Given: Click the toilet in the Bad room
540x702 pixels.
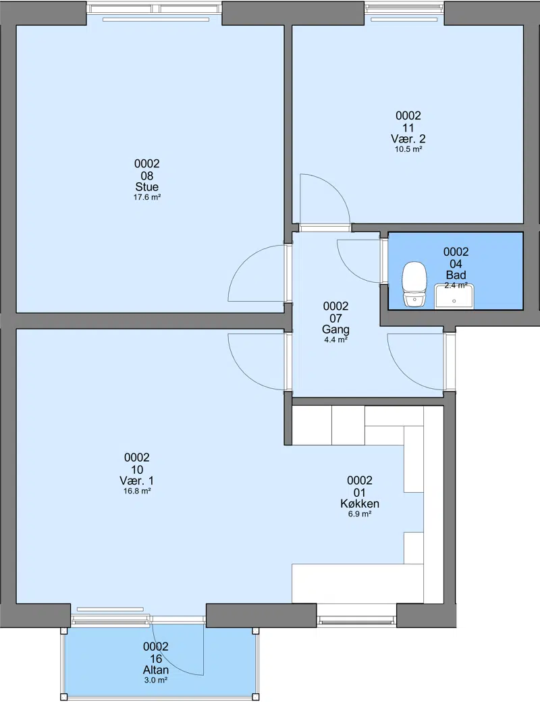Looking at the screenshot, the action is (x=414, y=284).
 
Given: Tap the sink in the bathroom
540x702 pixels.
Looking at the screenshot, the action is (x=454, y=296).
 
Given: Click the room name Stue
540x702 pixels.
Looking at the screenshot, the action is (x=147, y=187).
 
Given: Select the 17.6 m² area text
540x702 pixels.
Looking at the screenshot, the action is (x=147, y=197).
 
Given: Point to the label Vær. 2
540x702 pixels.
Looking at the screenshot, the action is (x=408, y=139).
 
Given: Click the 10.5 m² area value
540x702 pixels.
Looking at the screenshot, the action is (x=408, y=149).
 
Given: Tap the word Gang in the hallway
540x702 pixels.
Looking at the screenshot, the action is (x=336, y=329).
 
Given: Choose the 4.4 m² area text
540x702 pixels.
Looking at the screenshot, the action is (x=336, y=340).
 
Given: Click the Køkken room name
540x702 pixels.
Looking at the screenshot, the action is (x=360, y=504).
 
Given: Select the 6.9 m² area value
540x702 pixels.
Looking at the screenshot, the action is (x=360, y=514).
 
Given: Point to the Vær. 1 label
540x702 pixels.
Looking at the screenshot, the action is (x=136, y=481).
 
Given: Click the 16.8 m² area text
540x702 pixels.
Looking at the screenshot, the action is (x=136, y=491).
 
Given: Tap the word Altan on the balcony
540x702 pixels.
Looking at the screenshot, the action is (x=156, y=670).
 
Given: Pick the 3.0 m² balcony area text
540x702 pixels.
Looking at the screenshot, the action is (x=156, y=680).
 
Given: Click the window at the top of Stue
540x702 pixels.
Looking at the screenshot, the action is (x=155, y=8).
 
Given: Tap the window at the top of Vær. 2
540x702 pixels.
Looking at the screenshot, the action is (x=404, y=8).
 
